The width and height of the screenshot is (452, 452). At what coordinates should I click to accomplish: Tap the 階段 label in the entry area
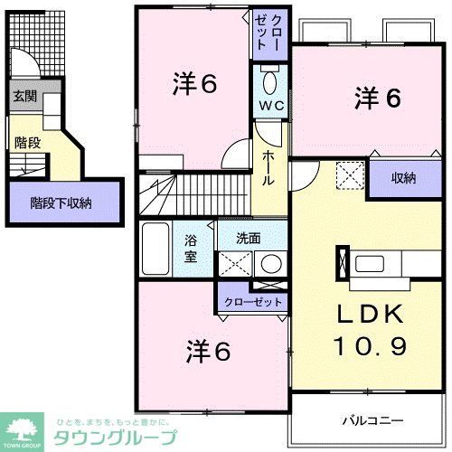[x=26, y=141]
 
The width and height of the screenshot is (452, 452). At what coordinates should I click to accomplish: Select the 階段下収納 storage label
[x=61, y=203]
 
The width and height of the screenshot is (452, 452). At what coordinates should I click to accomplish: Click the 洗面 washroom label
[x=249, y=240]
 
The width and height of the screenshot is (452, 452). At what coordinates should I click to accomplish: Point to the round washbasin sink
[x=268, y=264]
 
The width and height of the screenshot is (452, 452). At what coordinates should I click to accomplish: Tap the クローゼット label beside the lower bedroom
[x=253, y=301]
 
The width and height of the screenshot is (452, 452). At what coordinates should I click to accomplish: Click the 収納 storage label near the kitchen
[x=404, y=178]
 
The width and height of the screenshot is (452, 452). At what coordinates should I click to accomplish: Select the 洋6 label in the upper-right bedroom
[x=378, y=98]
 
